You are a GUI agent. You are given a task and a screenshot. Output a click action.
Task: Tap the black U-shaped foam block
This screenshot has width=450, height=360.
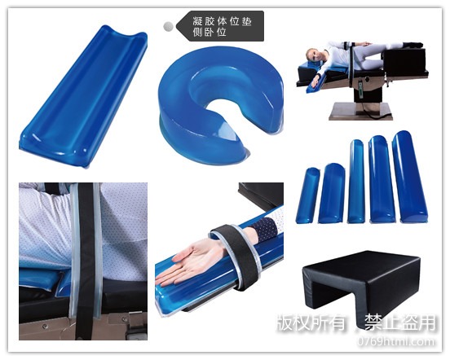click(362, 283)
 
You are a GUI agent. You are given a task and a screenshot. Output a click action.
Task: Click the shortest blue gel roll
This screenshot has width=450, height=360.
click(307, 195)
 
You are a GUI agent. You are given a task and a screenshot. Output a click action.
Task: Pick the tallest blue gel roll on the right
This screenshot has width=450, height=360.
click(409, 177)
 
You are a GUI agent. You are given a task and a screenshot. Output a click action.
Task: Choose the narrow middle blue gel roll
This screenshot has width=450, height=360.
click(356, 181)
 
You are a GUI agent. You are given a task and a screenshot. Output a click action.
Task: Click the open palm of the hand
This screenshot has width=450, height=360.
click(195, 262)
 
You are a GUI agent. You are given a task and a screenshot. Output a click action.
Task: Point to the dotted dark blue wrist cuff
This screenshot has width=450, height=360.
click(262, 226)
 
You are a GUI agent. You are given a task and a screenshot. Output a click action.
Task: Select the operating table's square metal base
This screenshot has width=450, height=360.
click(360, 112)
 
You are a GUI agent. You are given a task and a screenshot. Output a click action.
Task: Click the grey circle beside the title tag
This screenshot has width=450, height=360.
click(169, 26)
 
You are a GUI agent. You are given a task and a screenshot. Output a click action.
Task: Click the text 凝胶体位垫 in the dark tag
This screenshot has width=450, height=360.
click(222, 21)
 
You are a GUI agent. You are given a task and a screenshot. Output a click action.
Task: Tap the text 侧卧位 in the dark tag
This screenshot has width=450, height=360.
click(210, 32)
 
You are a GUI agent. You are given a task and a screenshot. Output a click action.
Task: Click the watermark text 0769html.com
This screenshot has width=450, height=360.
click(395, 341)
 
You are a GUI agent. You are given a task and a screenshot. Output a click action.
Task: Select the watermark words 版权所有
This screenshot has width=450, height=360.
click(311, 323)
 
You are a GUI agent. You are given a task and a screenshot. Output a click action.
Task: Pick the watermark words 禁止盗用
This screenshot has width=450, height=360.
click(400, 323)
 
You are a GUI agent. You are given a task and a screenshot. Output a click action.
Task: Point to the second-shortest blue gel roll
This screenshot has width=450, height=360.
click(331, 193)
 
